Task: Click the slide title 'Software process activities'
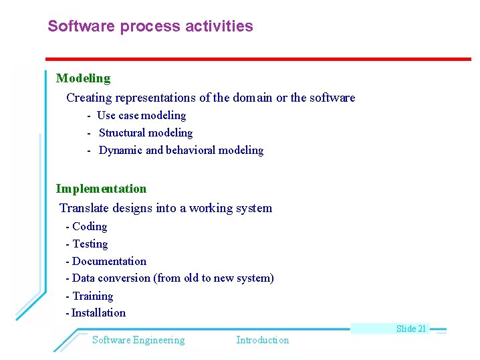point(150,27)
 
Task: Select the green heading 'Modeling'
point(83,78)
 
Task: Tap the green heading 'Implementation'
point(101,189)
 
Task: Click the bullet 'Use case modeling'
point(141,116)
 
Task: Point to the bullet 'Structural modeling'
point(145,133)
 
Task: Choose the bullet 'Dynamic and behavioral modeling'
point(181,151)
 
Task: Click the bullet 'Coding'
point(89,227)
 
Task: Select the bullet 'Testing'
point(90,244)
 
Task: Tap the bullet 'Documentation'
point(108,262)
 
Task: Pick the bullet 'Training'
point(92,296)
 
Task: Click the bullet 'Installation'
point(98,313)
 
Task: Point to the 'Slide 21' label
point(410,329)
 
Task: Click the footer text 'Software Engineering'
point(138,340)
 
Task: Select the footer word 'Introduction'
point(262,340)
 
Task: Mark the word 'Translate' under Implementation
point(82,208)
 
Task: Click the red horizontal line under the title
point(258,59)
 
